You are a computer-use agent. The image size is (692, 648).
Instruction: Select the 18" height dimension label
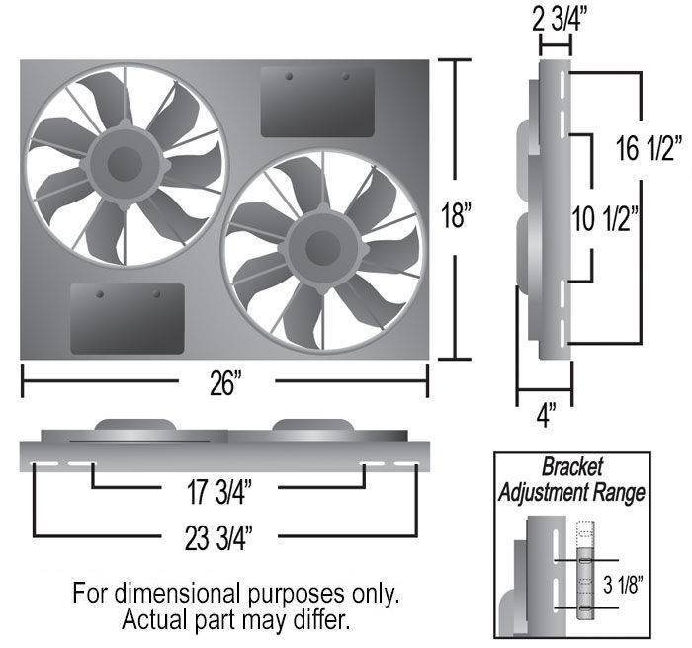[x=457, y=214]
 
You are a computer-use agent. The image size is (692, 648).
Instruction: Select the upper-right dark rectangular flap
[x=317, y=102]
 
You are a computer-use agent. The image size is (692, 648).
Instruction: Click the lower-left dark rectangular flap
[x=127, y=318]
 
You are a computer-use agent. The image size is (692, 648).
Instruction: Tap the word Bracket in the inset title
[x=572, y=468]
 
